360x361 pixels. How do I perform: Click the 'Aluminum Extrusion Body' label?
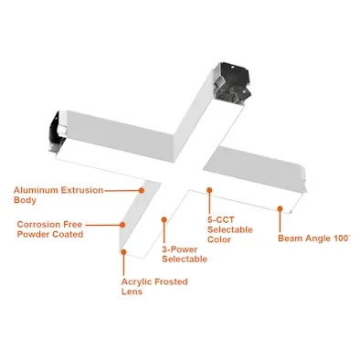[58, 195]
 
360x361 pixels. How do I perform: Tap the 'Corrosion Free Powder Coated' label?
[50, 229]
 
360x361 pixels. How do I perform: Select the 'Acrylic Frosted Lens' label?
[154, 286]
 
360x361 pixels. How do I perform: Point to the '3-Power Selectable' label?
[185, 254]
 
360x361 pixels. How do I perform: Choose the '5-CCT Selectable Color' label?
[230, 229]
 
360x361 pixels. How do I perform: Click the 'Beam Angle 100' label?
[314, 238]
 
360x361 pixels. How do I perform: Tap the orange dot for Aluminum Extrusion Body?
[142, 190]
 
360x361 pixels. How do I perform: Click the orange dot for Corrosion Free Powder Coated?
[122, 225]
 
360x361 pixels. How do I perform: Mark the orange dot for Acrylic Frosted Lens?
[123, 252]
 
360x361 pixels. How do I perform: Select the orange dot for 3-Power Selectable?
[164, 219]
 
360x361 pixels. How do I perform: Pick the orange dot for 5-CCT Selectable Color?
[209, 190]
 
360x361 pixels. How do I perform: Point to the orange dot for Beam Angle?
[280, 208]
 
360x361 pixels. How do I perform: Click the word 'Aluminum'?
[36, 190]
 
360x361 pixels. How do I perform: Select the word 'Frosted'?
[171, 281]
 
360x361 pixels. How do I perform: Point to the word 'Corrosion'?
[36, 225]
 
